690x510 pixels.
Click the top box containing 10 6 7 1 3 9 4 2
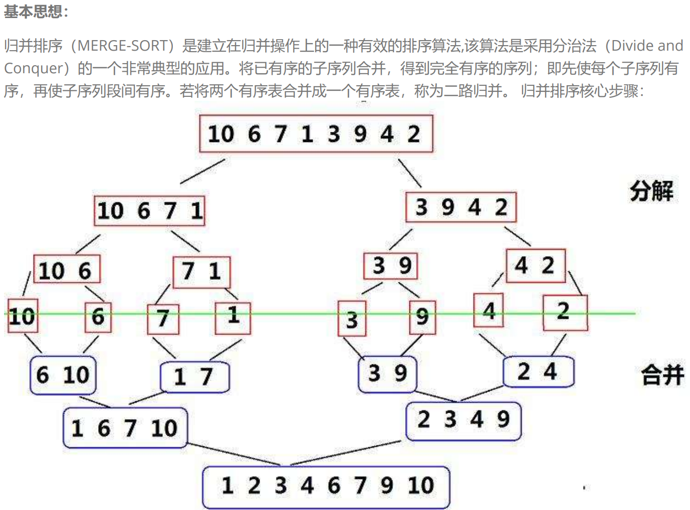[x=316, y=134]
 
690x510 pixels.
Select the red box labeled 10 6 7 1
[x=149, y=211]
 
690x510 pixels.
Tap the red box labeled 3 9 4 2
[x=461, y=207]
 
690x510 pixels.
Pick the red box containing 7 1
[x=201, y=272]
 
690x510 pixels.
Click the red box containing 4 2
[x=535, y=266]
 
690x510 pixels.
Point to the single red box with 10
[x=23, y=316]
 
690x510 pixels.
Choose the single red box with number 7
[x=163, y=318]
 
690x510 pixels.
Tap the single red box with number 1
[x=233, y=316]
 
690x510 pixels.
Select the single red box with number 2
[x=565, y=312]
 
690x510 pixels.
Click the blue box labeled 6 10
[x=63, y=375]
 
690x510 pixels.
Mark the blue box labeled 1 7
[x=194, y=377]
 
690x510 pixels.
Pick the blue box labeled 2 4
[x=538, y=372]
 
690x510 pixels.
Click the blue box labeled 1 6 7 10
[x=125, y=428]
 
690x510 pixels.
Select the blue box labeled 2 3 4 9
[x=463, y=420]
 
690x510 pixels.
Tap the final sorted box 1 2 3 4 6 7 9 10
[x=326, y=486]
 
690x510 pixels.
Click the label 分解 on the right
[x=651, y=191]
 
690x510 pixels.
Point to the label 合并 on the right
[x=662, y=375]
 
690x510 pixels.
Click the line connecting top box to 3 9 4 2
[x=410, y=174]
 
